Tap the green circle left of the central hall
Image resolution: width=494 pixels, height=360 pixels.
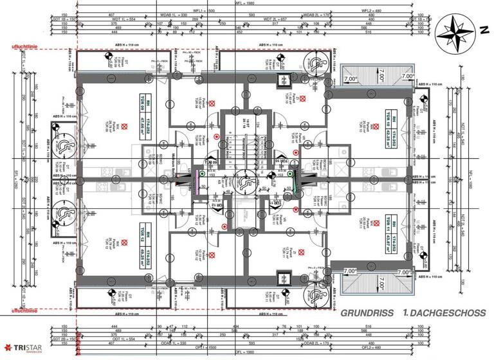tap(203, 173)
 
